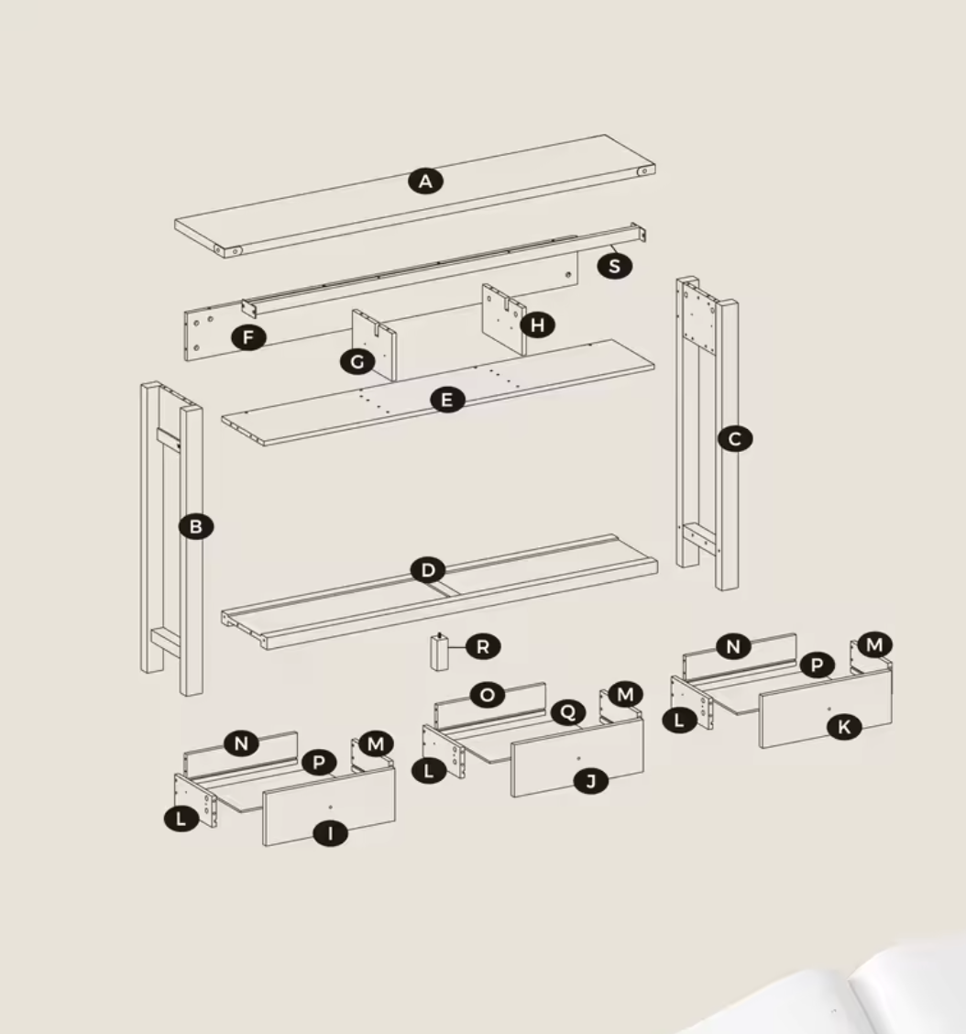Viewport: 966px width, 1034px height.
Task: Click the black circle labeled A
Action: click(x=425, y=181)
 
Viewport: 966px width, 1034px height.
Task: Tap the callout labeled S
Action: click(x=615, y=266)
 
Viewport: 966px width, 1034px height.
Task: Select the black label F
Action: click(x=248, y=337)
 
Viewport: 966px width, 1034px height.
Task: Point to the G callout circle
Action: click(x=357, y=361)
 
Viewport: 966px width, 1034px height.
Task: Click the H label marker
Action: click(x=537, y=325)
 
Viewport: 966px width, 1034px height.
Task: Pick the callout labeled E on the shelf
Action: click(x=447, y=400)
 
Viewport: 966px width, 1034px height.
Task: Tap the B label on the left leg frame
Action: click(x=196, y=527)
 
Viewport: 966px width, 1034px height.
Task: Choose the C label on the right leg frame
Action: click(x=735, y=439)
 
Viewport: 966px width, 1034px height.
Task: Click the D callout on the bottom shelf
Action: click(x=428, y=570)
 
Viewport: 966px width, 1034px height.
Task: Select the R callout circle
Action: click(x=483, y=647)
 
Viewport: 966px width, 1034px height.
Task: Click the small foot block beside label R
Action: click(x=440, y=652)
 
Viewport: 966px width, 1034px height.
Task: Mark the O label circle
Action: click(x=488, y=695)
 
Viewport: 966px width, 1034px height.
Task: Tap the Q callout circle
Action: click(x=567, y=712)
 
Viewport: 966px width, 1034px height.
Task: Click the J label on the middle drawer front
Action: click(x=591, y=781)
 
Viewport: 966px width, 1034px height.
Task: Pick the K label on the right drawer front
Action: click(x=844, y=727)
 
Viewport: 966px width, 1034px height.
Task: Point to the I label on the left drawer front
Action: click(x=330, y=833)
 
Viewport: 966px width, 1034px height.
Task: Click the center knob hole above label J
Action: click(x=578, y=759)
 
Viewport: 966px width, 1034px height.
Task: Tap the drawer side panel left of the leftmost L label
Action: click(x=196, y=799)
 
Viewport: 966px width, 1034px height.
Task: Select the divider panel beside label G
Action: click(x=375, y=345)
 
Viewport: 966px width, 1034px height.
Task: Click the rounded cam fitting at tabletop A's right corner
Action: click(x=642, y=171)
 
